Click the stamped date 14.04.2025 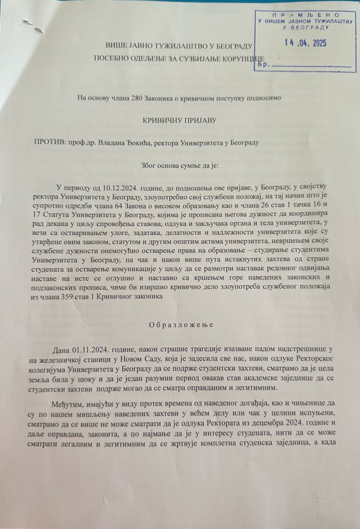point(305,43)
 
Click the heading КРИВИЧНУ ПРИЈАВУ point(180,120)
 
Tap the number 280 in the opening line point(136,98)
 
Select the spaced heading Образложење point(181,325)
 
